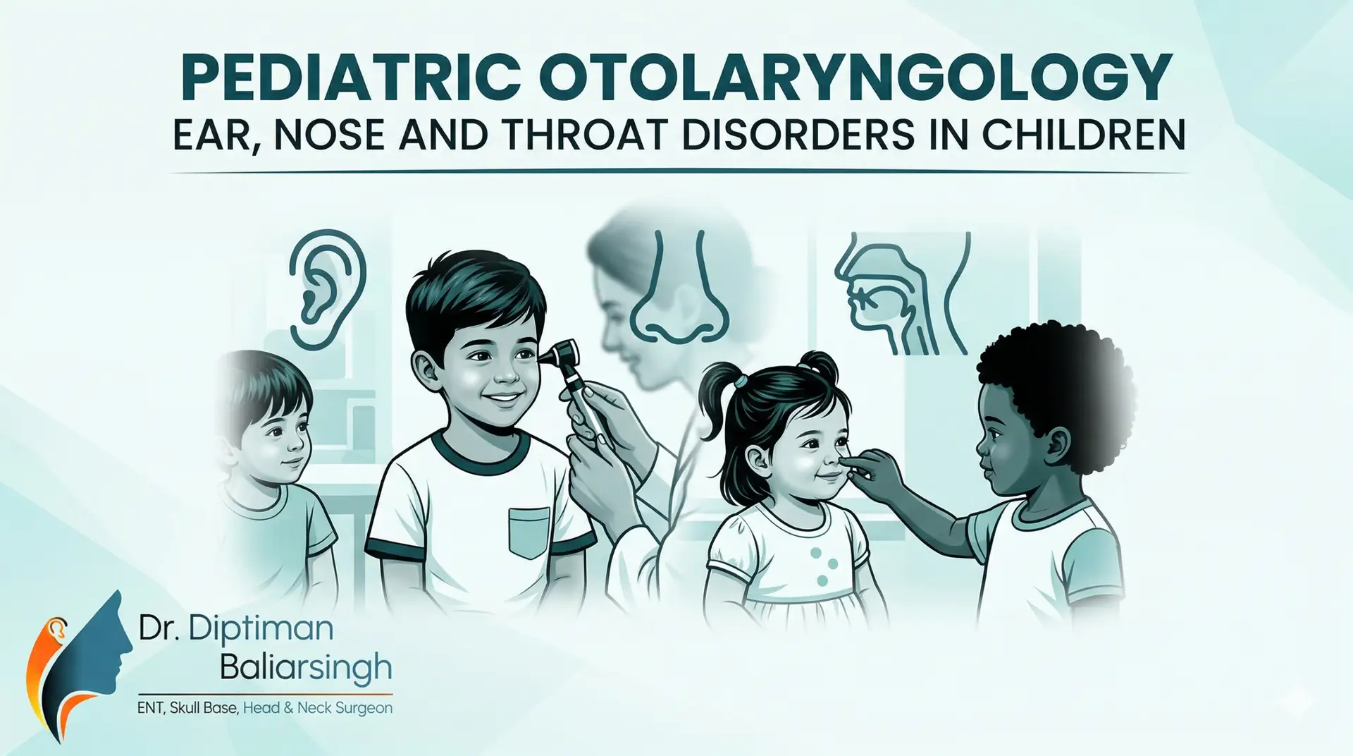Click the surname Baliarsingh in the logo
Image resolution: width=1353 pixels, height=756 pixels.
(305, 667)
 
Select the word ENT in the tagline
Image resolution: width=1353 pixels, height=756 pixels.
(150, 707)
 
